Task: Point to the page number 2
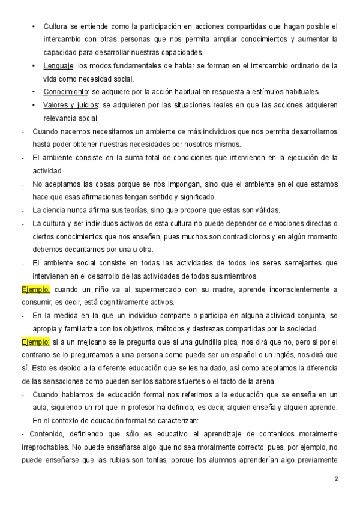336,479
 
